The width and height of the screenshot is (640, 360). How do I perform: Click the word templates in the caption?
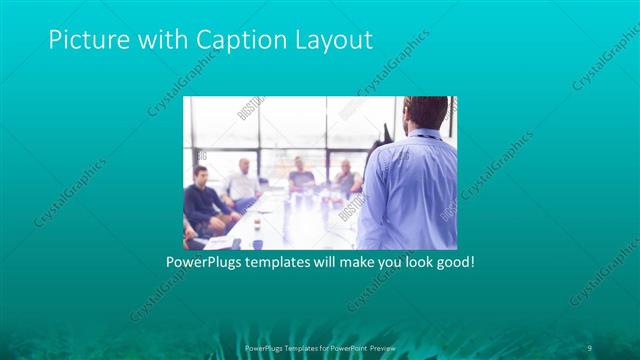tap(283, 263)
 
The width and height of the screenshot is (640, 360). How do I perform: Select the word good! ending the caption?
tap(451, 263)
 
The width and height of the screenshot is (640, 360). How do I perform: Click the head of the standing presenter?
tap(424, 113)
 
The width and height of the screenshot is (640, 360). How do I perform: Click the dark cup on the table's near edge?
tap(256, 242)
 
